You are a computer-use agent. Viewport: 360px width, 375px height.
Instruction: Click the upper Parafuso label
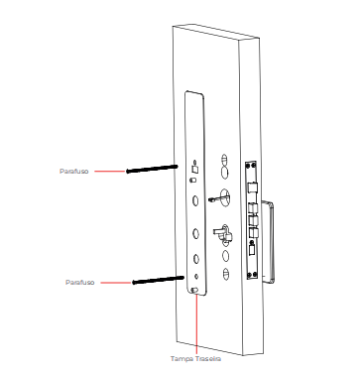click(74, 172)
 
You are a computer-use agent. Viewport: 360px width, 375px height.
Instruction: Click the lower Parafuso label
click(80, 283)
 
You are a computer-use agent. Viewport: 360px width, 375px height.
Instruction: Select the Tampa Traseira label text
click(195, 359)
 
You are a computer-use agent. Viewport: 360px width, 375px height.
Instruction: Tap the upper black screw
click(152, 169)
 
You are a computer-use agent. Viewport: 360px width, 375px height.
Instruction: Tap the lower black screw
click(158, 281)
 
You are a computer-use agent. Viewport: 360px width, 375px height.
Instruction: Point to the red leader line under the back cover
click(196, 324)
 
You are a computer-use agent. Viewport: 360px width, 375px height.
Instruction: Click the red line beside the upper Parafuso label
click(110, 172)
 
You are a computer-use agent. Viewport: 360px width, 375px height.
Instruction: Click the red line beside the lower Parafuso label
click(116, 283)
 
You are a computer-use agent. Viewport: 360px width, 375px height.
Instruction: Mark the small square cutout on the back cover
click(194, 169)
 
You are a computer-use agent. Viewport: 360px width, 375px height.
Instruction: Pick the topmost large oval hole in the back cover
click(195, 200)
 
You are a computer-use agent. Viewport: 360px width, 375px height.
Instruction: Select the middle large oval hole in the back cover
click(195, 233)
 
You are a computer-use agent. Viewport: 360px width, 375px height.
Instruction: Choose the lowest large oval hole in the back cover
click(195, 259)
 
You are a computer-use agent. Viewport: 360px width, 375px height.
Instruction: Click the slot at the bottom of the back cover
click(194, 291)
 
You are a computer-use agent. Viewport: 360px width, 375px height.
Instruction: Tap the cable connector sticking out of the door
click(213, 199)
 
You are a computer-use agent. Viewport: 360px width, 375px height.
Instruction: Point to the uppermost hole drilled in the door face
click(224, 159)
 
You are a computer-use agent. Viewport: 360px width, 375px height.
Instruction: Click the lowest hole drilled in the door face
click(226, 274)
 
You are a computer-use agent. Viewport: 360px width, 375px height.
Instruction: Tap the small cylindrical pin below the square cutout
click(192, 181)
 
